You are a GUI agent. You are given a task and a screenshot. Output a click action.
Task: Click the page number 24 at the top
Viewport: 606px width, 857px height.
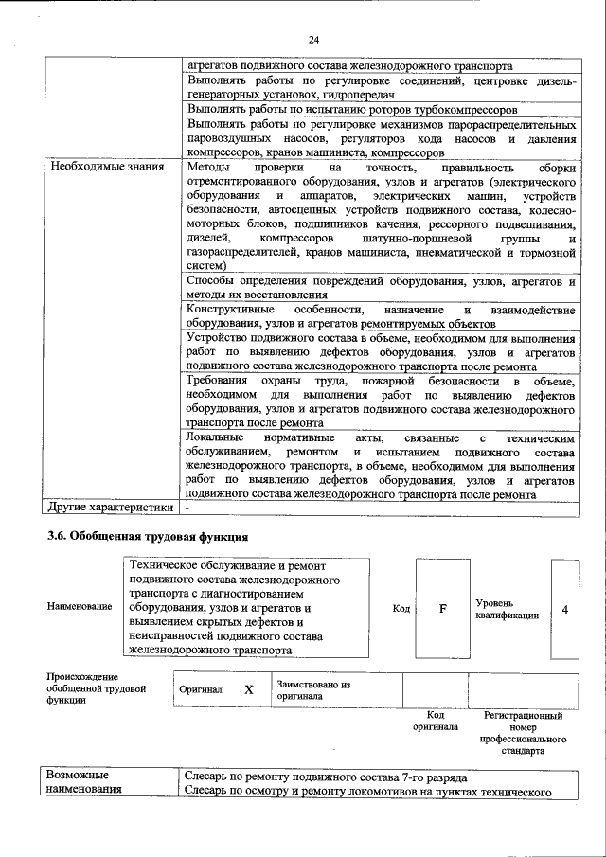(313, 39)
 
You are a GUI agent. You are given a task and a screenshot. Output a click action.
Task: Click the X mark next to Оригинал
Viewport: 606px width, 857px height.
(249, 690)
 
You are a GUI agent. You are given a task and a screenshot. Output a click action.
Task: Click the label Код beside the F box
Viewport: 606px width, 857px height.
(401, 608)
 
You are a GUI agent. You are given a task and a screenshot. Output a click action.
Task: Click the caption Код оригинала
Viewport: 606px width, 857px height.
(436, 721)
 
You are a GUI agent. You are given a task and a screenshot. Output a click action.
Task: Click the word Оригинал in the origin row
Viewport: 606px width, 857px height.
(200, 690)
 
